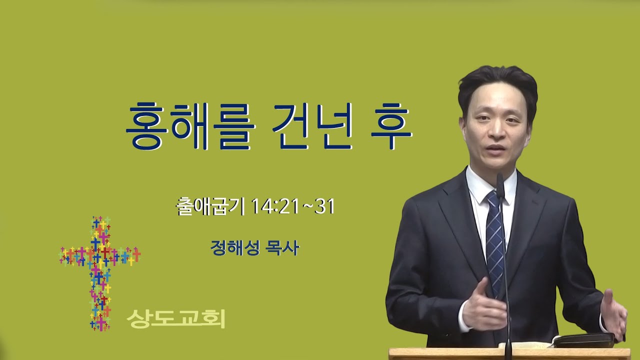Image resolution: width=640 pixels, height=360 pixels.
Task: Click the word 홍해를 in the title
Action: coord(190,126)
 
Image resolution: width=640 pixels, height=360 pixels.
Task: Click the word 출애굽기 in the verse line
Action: coord(210,206)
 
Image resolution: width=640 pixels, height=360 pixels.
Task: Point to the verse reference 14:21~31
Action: coord(293,206)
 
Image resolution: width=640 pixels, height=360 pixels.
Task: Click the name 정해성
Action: coord(235,247)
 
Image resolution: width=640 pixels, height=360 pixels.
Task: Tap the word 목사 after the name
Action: coord(282,247)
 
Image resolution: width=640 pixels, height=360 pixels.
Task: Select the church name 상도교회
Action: coord(176,318)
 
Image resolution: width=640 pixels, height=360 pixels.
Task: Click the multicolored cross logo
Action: coord(100,273)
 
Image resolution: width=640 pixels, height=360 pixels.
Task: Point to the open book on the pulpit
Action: coord(583,340)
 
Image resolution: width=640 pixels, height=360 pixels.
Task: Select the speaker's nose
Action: coord(495,131)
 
